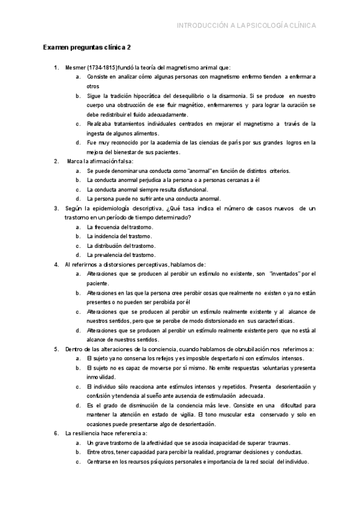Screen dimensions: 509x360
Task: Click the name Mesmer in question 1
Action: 76,68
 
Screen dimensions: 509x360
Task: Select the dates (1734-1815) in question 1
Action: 105,68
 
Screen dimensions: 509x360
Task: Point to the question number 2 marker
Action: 56,161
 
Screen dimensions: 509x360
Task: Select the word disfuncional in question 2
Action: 175,190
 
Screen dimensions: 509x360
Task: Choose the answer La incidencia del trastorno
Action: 119,236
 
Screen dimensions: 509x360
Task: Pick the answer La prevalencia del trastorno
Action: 121,255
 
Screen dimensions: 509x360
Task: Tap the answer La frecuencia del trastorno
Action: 120,227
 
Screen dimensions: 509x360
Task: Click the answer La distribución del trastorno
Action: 121,246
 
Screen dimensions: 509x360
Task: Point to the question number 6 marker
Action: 56,433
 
